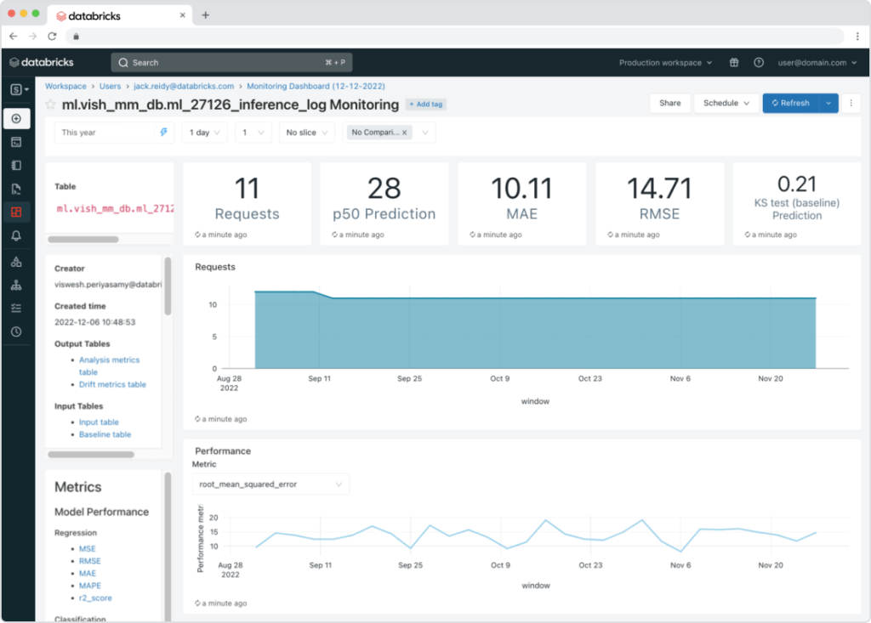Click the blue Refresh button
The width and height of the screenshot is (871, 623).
point(790,103)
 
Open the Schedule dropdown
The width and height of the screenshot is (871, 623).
point(725,103)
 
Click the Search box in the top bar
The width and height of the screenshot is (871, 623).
point(231,62)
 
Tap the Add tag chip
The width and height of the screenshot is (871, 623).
point(426,104)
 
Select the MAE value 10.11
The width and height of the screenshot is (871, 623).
point(521,188)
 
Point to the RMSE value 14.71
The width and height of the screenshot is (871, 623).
point(659,188)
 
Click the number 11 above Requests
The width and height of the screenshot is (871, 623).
point(247,188)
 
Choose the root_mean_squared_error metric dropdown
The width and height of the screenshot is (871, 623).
point(270,484)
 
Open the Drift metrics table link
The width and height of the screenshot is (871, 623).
point(112,384)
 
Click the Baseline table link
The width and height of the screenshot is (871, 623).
point(105,434)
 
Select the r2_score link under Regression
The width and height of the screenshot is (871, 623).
point(95,598)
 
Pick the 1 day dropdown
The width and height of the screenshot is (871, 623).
point(204,133)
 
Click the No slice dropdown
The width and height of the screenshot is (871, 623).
point(307,133)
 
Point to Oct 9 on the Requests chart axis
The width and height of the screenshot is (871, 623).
point(500,378)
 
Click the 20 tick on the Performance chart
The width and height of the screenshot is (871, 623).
point(213,518)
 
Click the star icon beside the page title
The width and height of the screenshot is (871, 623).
point(51,105)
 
